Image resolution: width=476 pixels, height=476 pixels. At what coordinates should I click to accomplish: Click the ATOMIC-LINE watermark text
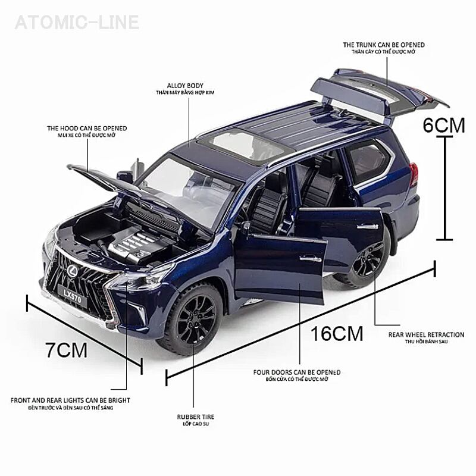77,23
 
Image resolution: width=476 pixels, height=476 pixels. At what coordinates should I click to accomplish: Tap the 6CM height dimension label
443,125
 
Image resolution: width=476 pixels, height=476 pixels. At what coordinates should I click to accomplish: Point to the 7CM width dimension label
67,349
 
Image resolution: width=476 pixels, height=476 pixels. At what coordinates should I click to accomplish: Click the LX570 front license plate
75,294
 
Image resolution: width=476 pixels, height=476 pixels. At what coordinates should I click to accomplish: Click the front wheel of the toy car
196,318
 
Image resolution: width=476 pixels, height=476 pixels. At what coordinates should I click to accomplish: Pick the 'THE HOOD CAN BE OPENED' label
87,128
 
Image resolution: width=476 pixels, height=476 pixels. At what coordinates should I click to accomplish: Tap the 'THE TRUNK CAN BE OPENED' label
383,45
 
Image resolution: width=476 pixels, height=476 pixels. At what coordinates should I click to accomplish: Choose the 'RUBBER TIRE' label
196,417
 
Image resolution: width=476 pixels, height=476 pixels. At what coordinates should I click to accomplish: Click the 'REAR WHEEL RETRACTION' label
418,335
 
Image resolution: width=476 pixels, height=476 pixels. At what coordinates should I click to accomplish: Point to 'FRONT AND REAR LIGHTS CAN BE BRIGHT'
70,400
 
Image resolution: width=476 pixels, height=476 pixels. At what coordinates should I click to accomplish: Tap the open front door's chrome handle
308,258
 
